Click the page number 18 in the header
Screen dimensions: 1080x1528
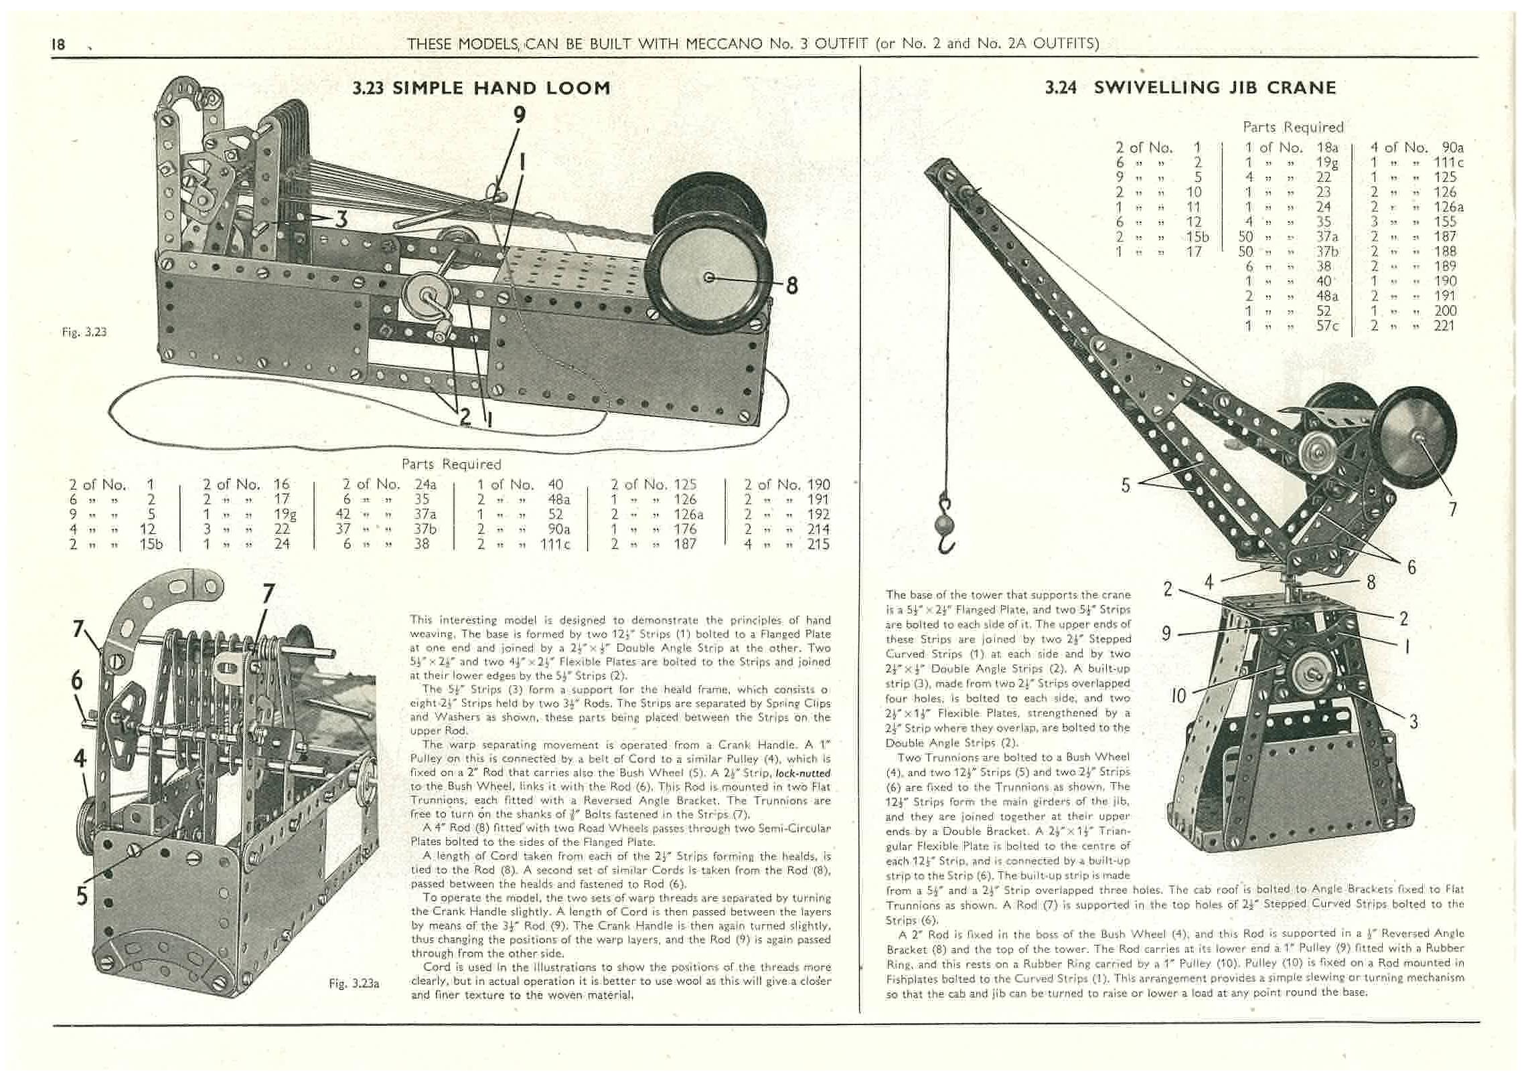(x=58, y=44)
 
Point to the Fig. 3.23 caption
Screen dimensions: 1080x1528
(x=84, y=332)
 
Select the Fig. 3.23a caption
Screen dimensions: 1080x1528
(x=354, y=983)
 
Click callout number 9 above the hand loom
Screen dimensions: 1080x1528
(x=519, y=116)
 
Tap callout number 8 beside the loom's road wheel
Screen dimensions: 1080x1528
(x=791, y=286)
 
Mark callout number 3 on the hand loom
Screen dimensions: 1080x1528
(x=342, y=219)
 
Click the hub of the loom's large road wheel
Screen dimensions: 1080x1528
(x=708, y=277)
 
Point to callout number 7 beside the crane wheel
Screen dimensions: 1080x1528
(x=1452, y=509)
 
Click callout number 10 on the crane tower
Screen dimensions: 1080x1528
(x=1178, y=696)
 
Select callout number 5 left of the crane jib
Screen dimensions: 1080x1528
(x=1126, y=484)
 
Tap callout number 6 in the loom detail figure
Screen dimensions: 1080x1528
(x=78, y=681)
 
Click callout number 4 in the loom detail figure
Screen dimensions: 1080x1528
(x=80, y=758)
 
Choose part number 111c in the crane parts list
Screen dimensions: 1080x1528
(x=1448, y=163)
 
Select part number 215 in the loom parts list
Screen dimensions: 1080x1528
(x=818, y=544)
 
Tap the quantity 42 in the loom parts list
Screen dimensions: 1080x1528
(x=345, y=514)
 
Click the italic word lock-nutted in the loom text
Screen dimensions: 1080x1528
(x=802, y=773)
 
